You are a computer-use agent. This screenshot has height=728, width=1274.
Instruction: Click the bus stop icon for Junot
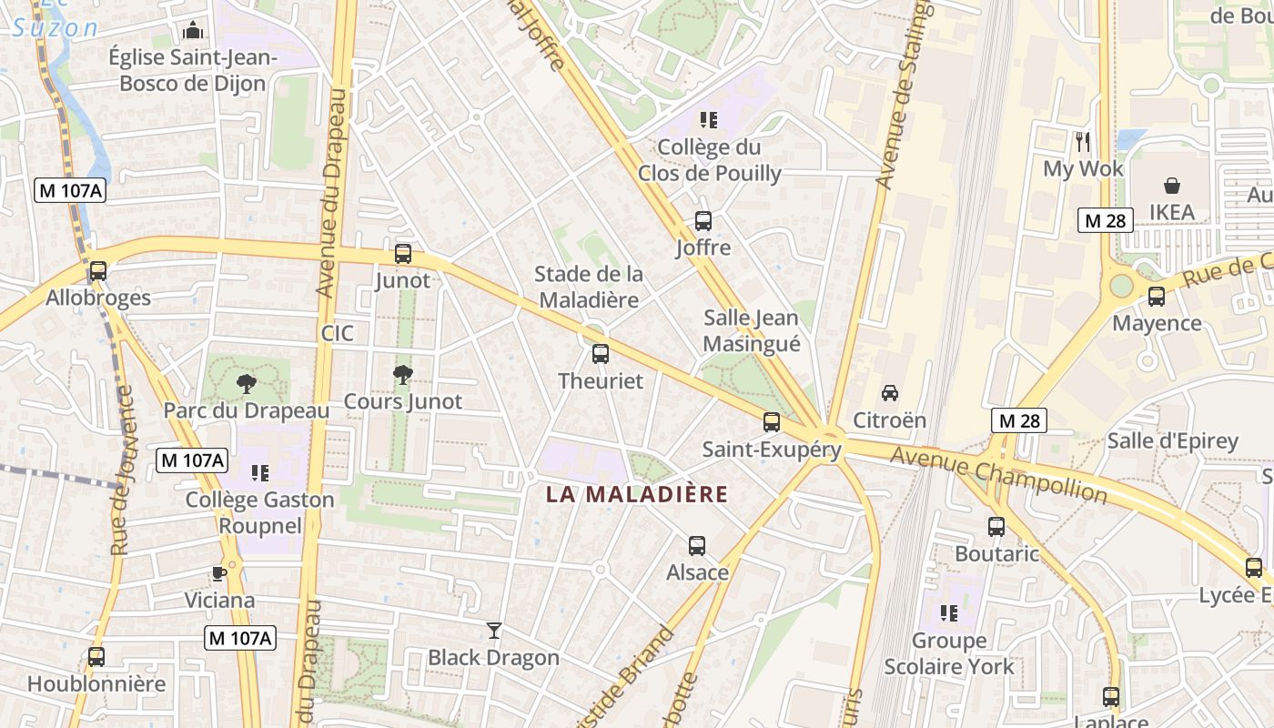[x=403, y=254]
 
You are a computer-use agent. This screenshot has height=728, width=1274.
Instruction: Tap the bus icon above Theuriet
[x=601, y=354]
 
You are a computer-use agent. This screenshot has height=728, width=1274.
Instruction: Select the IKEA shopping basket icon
[x=1172, y=186]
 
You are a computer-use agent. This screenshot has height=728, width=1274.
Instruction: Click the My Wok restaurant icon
[x=1082, y=142]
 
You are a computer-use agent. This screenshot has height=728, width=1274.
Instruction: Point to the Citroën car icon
[x=890, y=393]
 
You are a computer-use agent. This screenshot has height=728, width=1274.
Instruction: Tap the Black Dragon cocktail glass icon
[x=494, y=630]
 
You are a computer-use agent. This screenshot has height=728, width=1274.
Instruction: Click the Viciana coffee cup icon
[x=219, y=573]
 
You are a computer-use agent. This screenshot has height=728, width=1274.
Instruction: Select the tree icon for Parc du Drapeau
[x=246, y=383]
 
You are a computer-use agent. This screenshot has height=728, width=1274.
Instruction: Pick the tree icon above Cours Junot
[x=402, y=374]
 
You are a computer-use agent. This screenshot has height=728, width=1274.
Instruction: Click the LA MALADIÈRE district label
[x=637, y=495]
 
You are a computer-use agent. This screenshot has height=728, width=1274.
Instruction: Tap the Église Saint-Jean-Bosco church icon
[x=192, y=31]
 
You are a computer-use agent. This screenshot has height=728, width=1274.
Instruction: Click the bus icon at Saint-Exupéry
[x=772, y=422]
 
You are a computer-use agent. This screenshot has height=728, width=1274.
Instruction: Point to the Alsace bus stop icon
[x=697, y=546]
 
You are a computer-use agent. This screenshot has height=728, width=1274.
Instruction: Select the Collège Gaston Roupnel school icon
[x=260, y=472]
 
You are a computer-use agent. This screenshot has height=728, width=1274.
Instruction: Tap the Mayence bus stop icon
[x=1157, y=296]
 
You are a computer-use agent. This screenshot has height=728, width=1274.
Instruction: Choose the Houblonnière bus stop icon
[x=96, y=656]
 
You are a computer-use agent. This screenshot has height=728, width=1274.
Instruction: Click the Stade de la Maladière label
[x=588, y=286]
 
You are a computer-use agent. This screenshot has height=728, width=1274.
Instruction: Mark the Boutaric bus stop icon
[x=996, y=526]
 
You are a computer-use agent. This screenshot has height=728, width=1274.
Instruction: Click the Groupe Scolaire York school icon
[x=949, y=613]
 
